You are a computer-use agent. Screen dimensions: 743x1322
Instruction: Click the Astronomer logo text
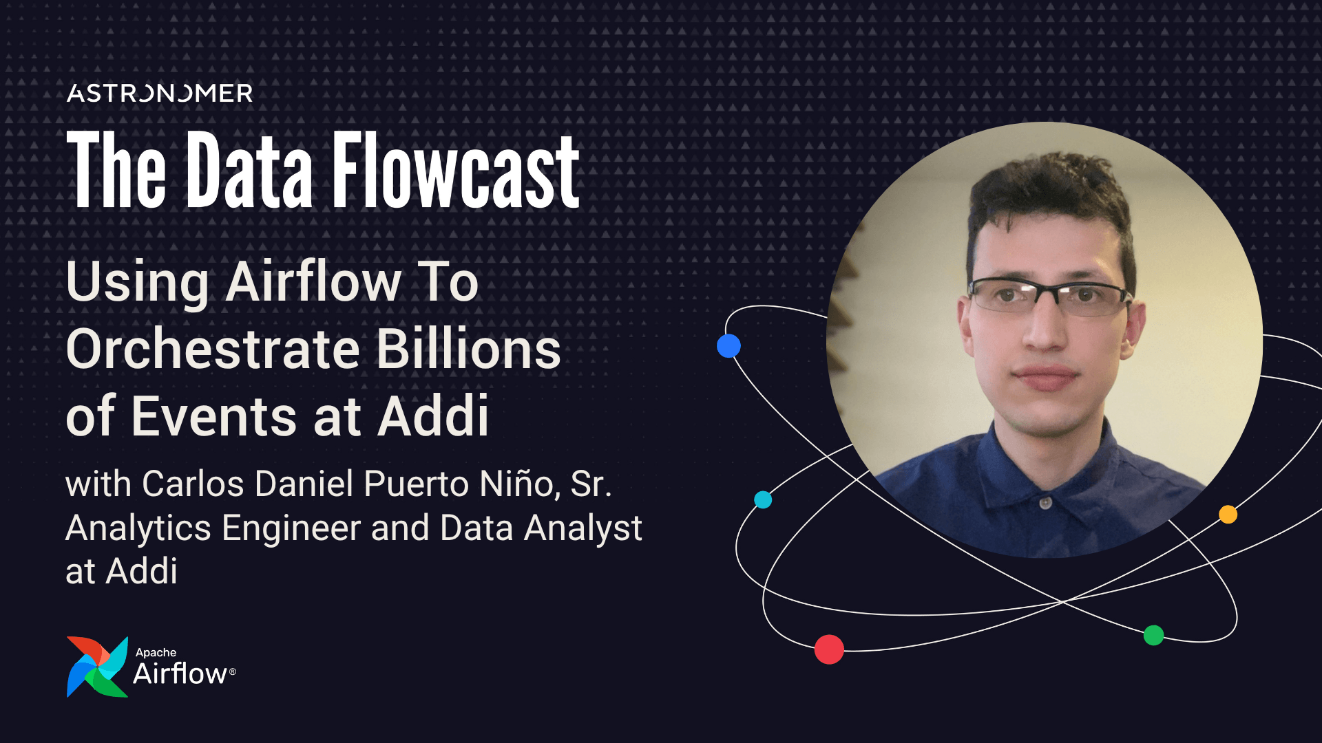(160, 94)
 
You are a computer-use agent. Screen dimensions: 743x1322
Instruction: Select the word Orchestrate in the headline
(213, 349)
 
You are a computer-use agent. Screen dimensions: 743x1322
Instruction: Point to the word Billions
(469, 349)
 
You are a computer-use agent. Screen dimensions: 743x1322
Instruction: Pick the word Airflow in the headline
(314, 282)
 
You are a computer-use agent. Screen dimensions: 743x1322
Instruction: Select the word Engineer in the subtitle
(291, 528)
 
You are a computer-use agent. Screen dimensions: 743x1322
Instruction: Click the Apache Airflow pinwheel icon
(97, 667)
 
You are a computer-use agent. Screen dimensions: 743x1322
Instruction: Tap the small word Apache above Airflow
(156, 652)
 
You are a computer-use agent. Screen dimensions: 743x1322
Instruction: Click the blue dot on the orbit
(728, 345)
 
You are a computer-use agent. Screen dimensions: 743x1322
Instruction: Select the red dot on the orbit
(829, 649)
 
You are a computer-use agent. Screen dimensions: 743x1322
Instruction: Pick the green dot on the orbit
(1153, 635)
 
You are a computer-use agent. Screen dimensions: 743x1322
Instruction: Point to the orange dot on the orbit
(1228, 515)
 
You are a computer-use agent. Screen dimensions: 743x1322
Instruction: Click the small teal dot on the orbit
(763, 499)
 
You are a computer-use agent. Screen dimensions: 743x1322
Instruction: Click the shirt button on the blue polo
(1045, 503)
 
